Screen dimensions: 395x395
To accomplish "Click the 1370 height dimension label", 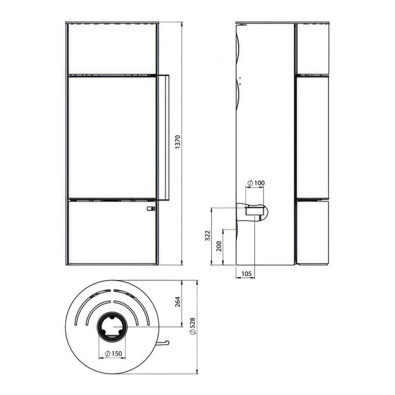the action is (178, 142).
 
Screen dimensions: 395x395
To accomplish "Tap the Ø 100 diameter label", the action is (256, 183).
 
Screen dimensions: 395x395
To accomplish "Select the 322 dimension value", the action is (207, 236).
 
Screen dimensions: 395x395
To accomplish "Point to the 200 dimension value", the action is (219, 246).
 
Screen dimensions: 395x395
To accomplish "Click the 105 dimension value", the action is (246, 274).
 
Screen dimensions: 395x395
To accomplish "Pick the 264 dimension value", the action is (178, 302).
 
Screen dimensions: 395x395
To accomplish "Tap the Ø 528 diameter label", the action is (193, 326).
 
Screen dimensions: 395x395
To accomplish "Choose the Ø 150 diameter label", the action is (114, 354).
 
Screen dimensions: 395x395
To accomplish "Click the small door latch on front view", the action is (151, 208).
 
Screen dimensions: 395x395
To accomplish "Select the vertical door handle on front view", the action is (163, 137).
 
